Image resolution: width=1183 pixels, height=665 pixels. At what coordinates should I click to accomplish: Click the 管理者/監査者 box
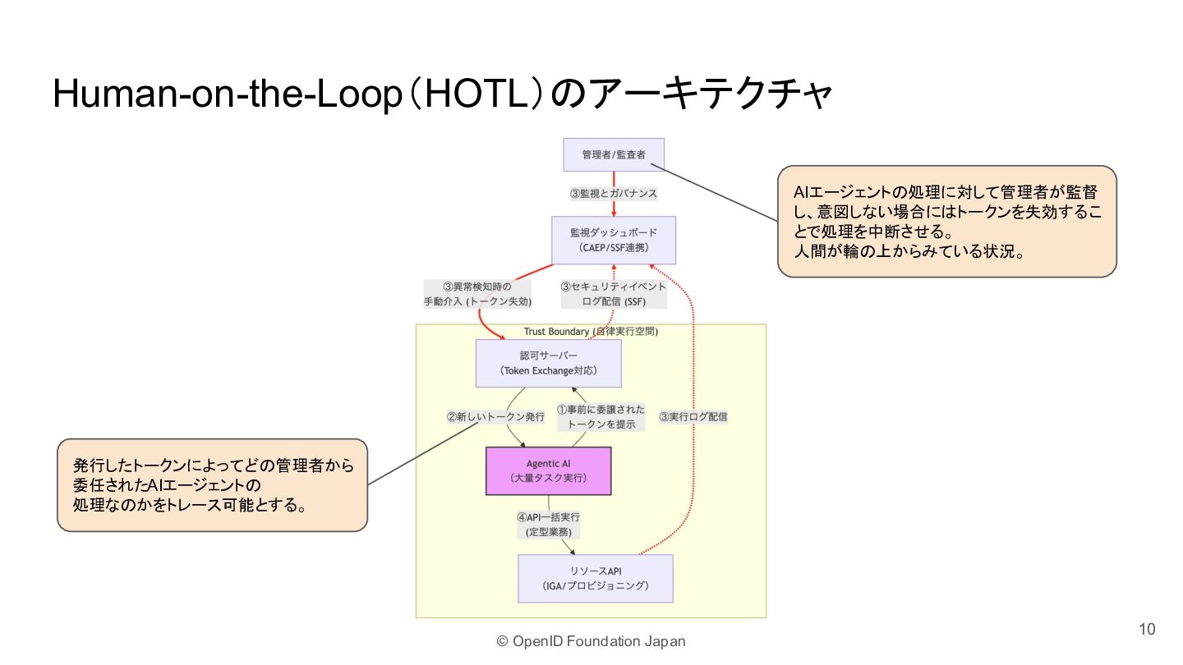613,154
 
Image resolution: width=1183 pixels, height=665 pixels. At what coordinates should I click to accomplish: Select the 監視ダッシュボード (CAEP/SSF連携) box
613,240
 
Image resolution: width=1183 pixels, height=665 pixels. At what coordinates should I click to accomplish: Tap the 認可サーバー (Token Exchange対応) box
548,363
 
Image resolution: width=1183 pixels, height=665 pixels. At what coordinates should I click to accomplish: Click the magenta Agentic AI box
548,470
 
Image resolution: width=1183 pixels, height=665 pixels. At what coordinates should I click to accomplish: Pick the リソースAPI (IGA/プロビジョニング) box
595,579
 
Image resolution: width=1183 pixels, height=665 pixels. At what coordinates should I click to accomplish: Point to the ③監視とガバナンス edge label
613,193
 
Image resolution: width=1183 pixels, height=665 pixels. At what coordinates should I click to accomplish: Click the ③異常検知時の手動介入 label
477,294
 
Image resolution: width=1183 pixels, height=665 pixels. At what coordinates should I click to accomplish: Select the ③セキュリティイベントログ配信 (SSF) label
613,294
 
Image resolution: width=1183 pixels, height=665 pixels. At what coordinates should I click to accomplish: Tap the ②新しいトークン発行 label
495,416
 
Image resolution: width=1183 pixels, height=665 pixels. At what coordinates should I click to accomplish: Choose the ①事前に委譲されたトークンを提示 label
601,416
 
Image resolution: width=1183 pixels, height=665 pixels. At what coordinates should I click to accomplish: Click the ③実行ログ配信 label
693,416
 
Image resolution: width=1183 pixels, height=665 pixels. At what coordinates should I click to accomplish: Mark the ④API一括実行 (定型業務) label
548,525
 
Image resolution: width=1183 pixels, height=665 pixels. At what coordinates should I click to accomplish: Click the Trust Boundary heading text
591,332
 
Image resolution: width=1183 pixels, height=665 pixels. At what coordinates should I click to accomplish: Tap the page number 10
1147,629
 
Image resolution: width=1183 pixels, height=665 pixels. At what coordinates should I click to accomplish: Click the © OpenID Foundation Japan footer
591,641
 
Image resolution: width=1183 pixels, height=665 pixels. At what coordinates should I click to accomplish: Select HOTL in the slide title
476,94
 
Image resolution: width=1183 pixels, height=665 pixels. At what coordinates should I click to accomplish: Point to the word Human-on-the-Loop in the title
227,94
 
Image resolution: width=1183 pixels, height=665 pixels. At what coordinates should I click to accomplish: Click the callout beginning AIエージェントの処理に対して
947,221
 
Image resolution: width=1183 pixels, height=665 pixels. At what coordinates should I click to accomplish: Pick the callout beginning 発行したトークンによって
212,485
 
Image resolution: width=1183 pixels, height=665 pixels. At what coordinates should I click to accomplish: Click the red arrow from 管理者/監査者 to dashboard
614,194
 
